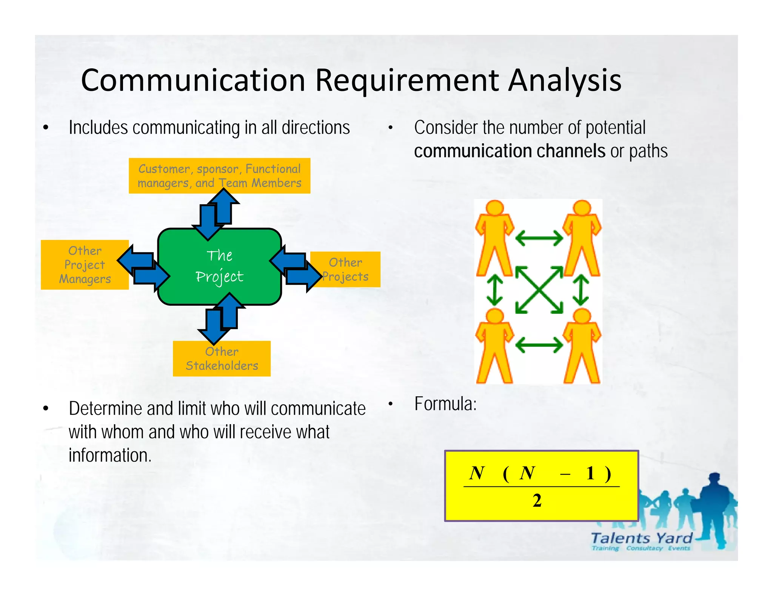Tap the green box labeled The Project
click(219, 266)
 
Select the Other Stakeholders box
click(222, 359)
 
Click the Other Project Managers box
click(85, 265)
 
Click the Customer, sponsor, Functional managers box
click(219, 175)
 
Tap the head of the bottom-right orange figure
click(582, 316)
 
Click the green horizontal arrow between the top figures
click(539, 238)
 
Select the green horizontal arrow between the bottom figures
click(539, 345)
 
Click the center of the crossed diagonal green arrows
click(539, 290)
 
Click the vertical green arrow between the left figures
click(494, 290)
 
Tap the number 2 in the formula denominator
click(537, 501)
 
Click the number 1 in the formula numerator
click(590, 473)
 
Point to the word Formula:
click(445, 404)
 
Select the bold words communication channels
click(510, 151)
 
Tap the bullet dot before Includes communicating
click(46, 128)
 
